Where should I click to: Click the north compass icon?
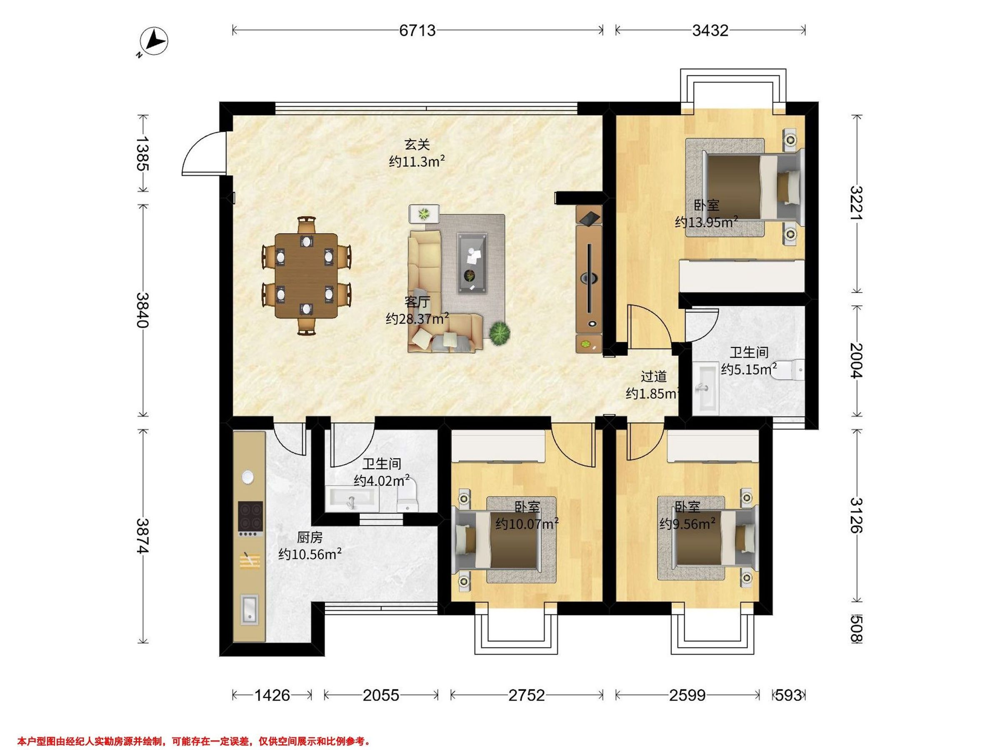pyautogui.click(x=153, y=42)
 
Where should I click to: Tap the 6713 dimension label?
pyautogui.click(x=417, y=30)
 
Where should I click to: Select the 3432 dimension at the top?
pyautogui.click(x=710, y=30)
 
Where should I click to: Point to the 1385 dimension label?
pyautogui.click(x=142, y=153)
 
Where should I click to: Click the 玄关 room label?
pyautogui.click(x=417, y=145)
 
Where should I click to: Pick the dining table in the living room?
pyautogui.click(x=306, y=276)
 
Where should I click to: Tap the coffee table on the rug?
pyautogui.click(x=472, y=263)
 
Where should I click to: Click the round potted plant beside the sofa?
pyautogui.click(x=500, y=334)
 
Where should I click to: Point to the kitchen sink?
pyautogui.click(x=249, y=608)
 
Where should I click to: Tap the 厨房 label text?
pyautogui.click(x=310, y=537)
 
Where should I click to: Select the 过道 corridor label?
pyautogui.click(x=654, y=377)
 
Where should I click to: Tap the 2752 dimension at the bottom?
pyautogui.click(x=527, y=695)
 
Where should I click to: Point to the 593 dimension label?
pyautogui.click(x=788, y=695)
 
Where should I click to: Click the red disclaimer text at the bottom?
pyautogui.click(x=194, y=741)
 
